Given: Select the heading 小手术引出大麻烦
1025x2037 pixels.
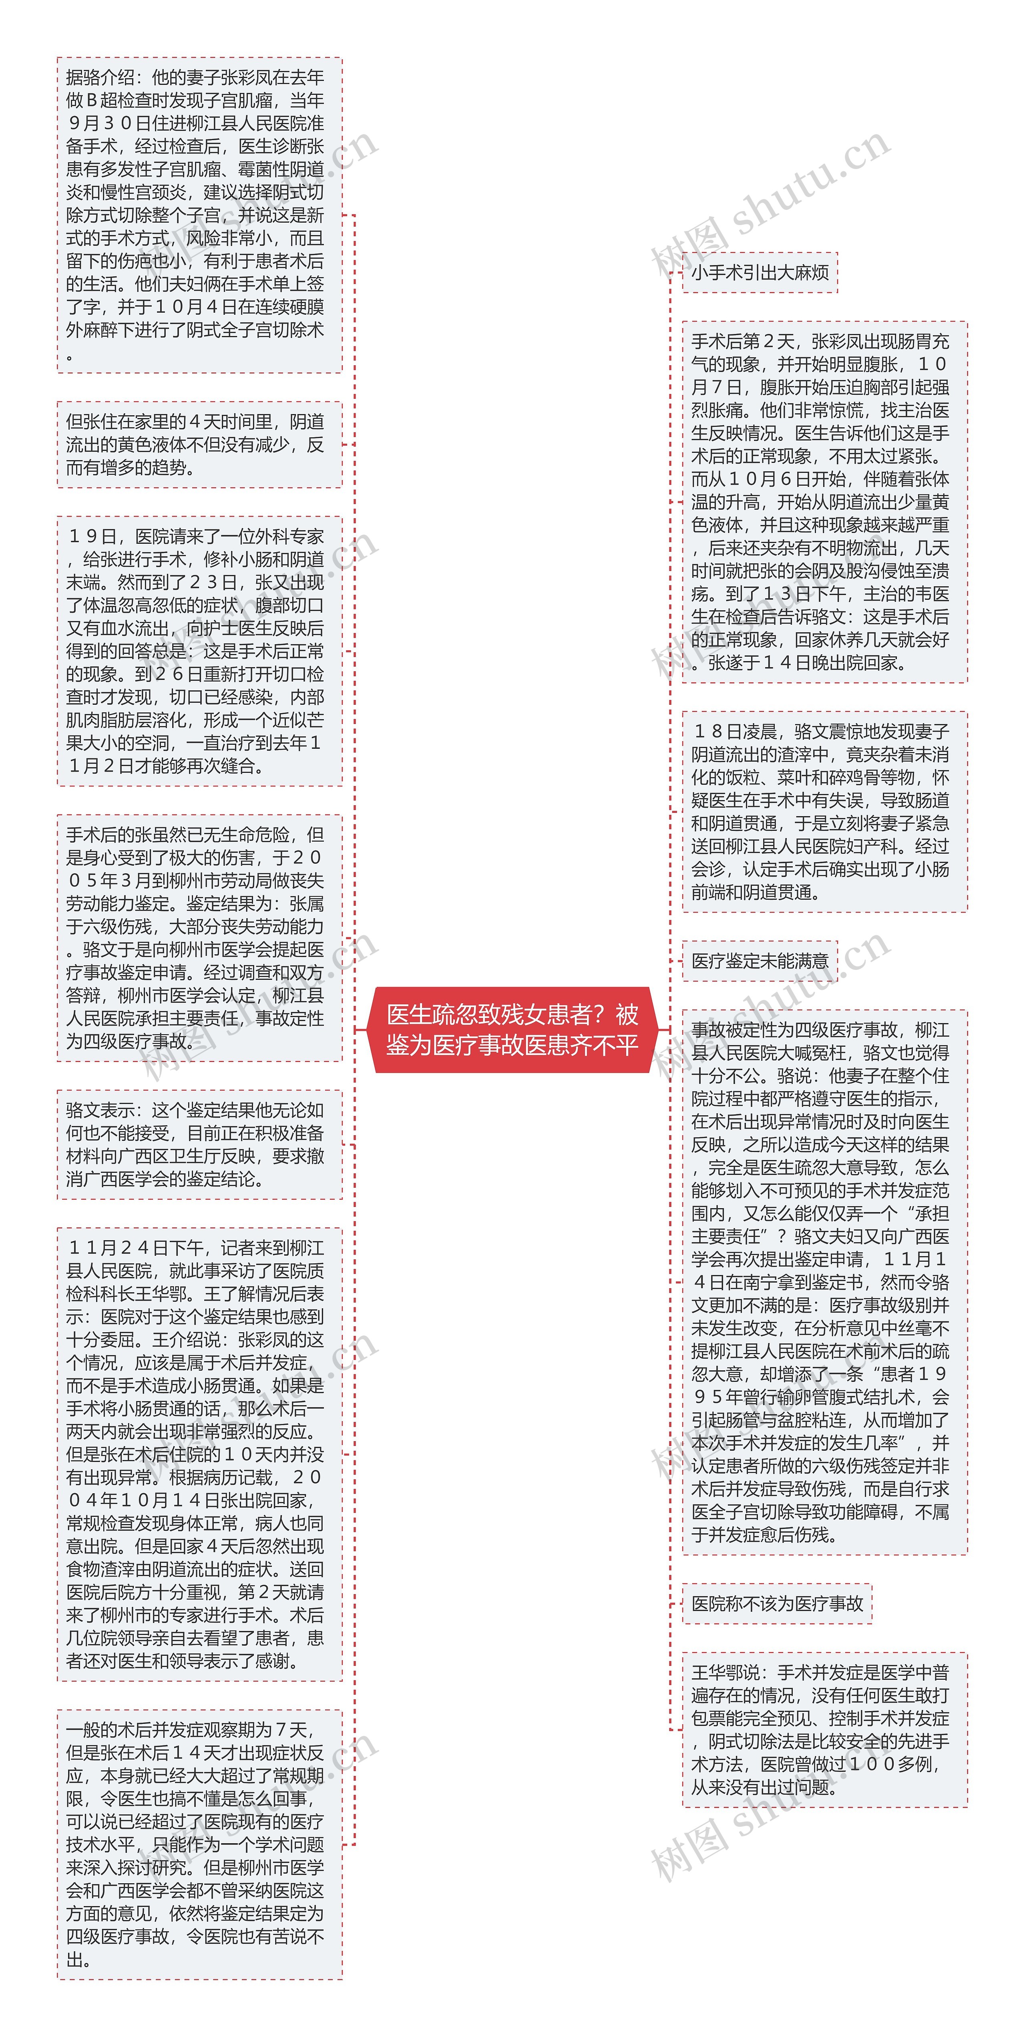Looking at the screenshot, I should point(759,273).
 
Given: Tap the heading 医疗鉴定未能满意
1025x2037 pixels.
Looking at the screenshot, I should point(759,961).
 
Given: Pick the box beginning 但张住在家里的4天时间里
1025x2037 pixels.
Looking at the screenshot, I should point(199,444).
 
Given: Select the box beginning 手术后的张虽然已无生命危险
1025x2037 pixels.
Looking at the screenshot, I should point(199,938).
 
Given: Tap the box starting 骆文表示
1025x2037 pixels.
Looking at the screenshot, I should point(199,1144).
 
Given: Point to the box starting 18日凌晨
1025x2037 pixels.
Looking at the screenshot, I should point(824,811).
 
